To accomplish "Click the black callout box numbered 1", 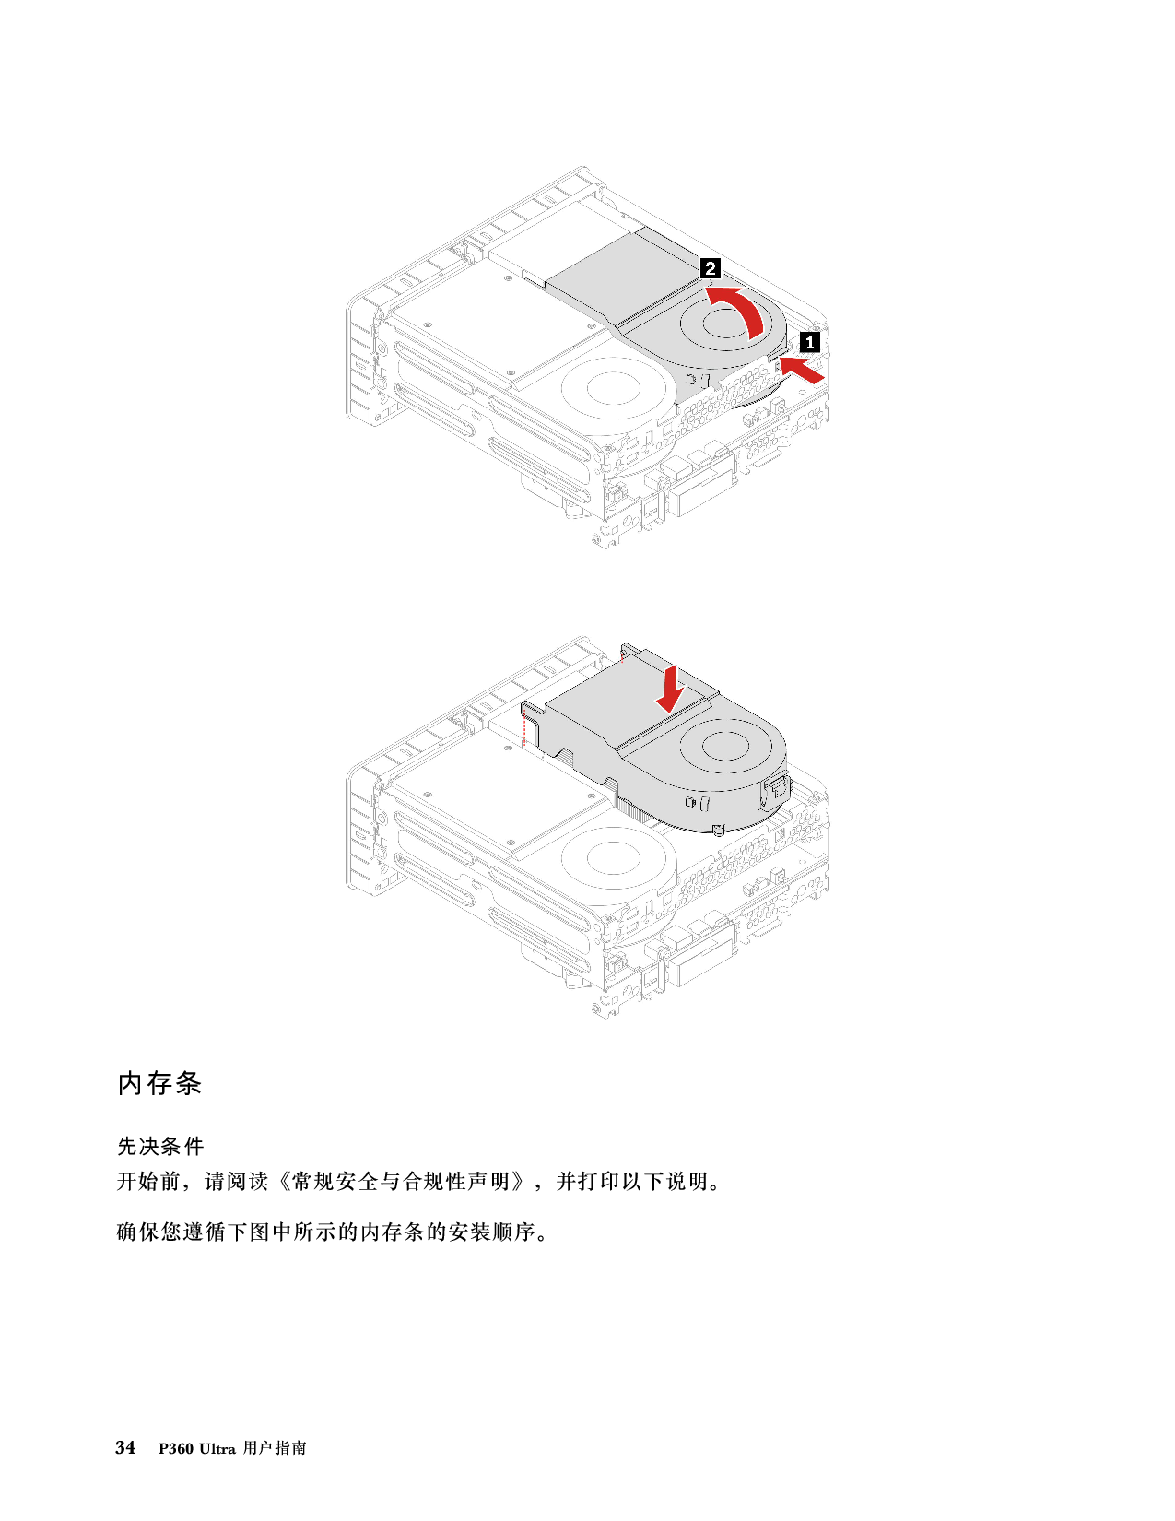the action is [x=810, y=342].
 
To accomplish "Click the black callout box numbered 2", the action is [x=711, y=268].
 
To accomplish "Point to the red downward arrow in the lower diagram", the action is [x=671, y=689].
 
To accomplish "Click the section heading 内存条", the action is [x=159, y=1083].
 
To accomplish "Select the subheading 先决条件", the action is [x=160, y=1146].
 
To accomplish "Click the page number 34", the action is [x=125, y=1447].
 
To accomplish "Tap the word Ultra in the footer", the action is [x=217, y=1448].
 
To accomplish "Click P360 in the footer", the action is [x=176, y=1448].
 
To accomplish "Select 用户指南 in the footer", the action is [x=275, y=1447].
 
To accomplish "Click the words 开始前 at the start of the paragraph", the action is [x=149, y=1182].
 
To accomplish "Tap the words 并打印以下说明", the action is [x=630, y=1182].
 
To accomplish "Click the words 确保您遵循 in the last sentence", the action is [x=171, y=1232].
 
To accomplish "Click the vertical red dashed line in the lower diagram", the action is [x=523, y=725].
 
